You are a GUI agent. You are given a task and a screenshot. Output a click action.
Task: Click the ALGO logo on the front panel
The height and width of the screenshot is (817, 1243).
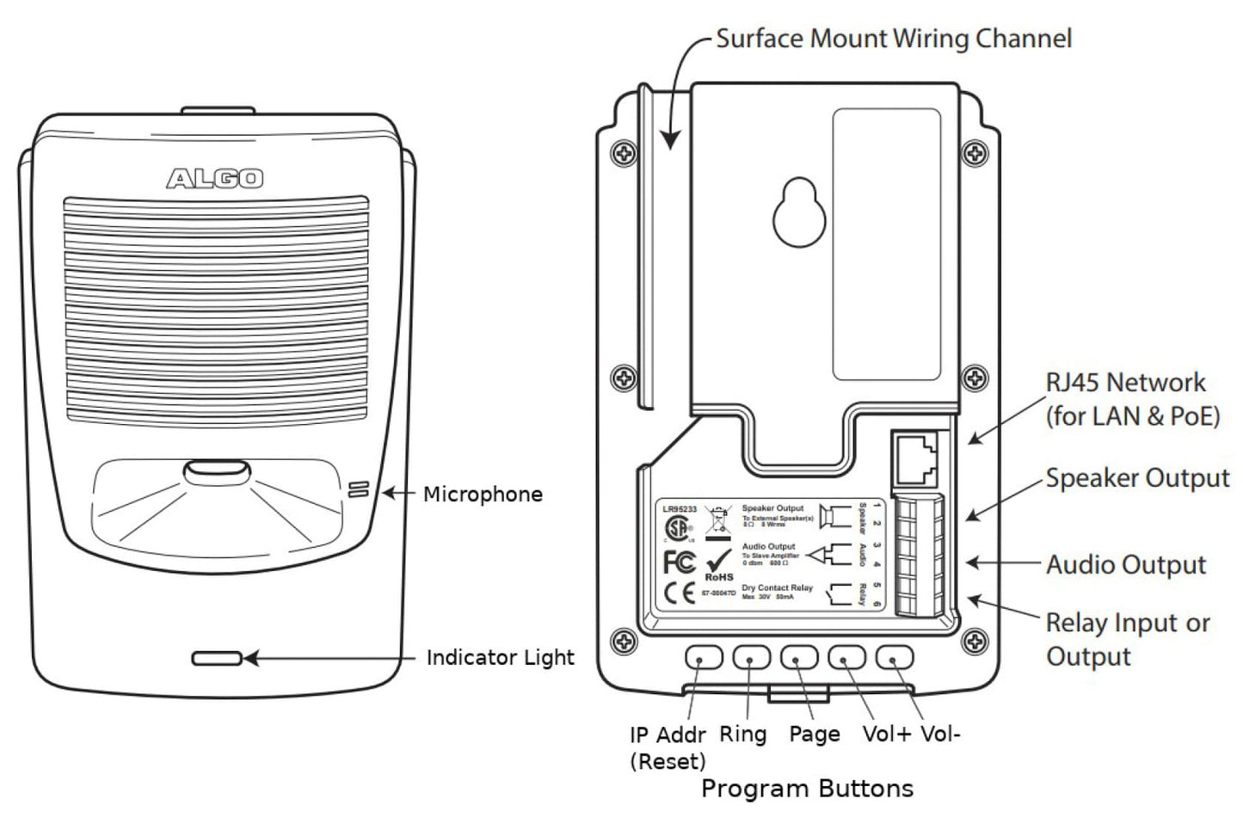click(215, 178)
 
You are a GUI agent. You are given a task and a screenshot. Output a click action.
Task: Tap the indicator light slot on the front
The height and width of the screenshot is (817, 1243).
click(217, 659)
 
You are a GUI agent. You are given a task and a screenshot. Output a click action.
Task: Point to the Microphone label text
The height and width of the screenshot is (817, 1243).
click(483, 494)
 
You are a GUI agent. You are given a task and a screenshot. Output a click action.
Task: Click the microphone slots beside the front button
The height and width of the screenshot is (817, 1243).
click(359, 490)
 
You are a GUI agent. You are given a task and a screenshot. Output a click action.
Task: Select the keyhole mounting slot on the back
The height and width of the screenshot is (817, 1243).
click(800, 212)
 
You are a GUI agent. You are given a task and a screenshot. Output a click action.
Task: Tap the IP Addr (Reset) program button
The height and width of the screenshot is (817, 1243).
click(704, 658)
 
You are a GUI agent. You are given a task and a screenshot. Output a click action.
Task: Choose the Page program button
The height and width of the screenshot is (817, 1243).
click(799, 658)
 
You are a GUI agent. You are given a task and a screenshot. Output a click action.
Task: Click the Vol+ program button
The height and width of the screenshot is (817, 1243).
click(846, 658)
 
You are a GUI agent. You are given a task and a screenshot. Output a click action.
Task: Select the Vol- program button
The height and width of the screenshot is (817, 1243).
click(895, 658)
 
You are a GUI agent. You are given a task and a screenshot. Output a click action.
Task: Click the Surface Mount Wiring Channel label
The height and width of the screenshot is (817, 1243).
click(894, 39)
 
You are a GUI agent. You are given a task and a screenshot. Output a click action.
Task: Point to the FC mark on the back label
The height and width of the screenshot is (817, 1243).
click(679, 562)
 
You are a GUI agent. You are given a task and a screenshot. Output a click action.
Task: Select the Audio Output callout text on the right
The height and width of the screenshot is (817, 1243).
click(1126, 565)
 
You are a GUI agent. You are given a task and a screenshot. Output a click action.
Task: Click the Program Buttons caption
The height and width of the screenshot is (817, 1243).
click(807, 789)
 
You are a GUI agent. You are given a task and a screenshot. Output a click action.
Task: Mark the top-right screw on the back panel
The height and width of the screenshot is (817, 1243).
click(974, 153)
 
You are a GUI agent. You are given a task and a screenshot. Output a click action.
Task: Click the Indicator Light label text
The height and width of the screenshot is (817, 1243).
click(500, 658)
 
